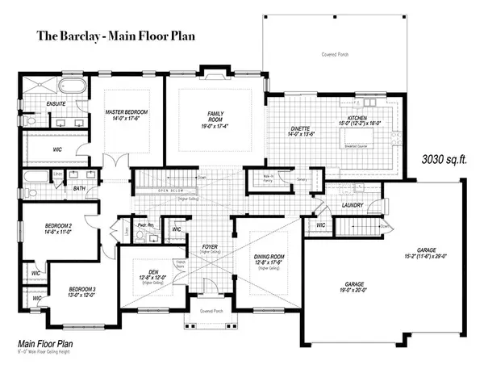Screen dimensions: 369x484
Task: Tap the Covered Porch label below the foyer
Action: [x=211, y=310]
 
